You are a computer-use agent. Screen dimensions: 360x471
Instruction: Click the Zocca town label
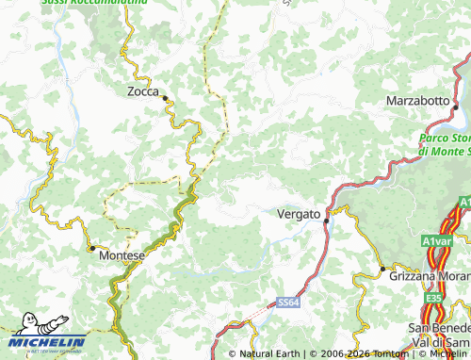[x=145, y=91]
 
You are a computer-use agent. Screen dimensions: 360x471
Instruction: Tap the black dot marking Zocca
[x=164, y=98]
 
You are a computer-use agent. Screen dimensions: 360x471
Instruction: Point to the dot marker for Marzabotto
[x=455, y=107]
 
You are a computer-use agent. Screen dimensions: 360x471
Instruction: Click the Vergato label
[x=299, y=214]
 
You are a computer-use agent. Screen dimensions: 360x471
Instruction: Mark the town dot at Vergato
[x=326, y=221]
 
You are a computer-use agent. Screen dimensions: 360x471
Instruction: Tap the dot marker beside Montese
[x=92, y=249]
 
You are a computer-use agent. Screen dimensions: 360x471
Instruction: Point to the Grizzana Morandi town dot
[x=382, y=269]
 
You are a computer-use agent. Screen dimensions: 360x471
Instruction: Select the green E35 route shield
[x=433, y=298]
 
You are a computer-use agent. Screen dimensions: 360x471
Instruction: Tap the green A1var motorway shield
[x=437, y=240]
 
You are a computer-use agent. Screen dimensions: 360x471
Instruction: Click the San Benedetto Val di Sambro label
[x=438, y=334]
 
